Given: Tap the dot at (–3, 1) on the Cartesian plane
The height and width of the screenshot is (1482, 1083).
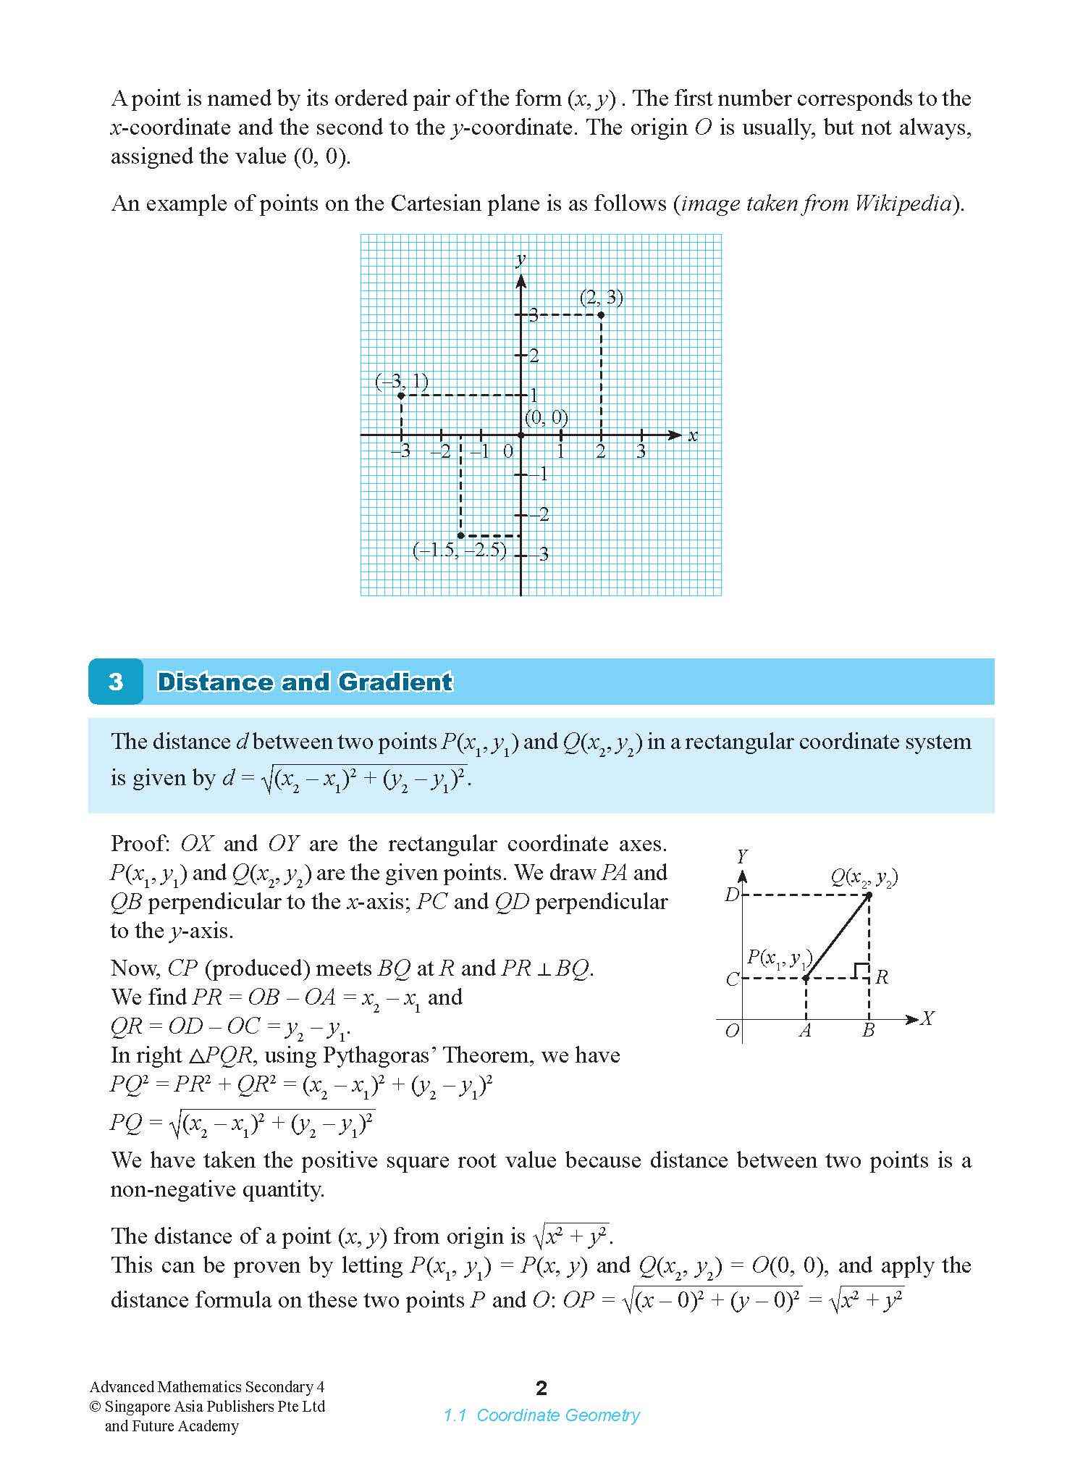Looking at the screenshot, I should coord(401,395).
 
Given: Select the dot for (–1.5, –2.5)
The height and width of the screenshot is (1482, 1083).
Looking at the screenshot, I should coord(461,535).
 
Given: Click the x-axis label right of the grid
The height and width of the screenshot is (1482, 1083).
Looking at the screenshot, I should coord(693,435).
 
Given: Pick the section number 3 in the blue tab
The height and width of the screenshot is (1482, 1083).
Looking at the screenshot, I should coord(116,682).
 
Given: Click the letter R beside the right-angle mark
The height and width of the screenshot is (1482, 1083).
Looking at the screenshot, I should coord(882,977).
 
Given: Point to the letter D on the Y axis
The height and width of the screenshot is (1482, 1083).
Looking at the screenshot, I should coord(731,895).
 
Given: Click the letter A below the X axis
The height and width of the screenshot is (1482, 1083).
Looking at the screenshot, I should coord(805,1030).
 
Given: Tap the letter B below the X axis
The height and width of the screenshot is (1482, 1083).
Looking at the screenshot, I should coord(868,1030).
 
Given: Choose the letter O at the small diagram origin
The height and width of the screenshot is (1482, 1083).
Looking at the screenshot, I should coord(732,1031).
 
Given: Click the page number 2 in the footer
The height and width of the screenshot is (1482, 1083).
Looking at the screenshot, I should coord(541,1388).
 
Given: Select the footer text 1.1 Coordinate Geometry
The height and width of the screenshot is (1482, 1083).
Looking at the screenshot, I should coord(541,1415).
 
